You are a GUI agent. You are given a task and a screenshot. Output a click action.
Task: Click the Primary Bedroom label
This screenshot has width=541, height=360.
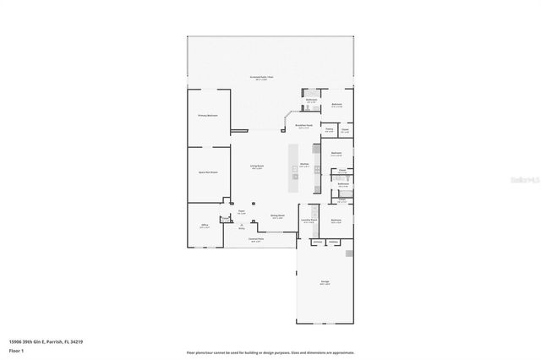(208, 114)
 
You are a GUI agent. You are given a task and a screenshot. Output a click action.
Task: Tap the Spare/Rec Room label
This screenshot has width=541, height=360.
(208, 172)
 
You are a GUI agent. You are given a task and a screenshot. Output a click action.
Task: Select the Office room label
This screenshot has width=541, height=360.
(205, 225)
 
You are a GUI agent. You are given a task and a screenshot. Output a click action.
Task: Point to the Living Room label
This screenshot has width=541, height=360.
(254, 166)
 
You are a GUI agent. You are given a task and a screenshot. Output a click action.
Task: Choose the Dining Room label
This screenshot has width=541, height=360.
(276, 215)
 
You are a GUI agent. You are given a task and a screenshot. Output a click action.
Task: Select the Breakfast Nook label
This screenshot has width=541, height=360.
(304, 125)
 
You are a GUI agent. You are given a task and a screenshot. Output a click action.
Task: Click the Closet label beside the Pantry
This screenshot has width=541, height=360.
(345, 129)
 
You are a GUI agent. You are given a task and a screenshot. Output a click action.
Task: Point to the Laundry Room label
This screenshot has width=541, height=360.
(309, 220)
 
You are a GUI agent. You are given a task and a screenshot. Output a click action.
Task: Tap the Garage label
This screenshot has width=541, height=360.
(325, 281)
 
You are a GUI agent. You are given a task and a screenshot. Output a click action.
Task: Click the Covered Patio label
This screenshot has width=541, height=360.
(254, 239)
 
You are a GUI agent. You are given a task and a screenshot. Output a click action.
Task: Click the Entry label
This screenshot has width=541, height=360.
(241, 228)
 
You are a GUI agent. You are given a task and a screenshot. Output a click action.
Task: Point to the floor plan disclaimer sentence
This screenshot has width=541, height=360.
(270, 352)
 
